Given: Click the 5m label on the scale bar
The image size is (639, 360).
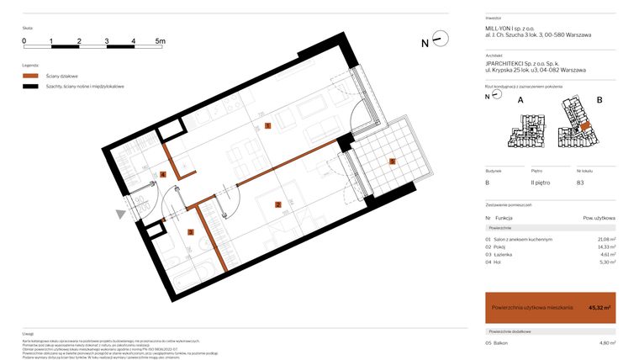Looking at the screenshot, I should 161,40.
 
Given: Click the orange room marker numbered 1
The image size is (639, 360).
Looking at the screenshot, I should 267,125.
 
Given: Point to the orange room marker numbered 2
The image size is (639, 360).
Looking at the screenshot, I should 277,204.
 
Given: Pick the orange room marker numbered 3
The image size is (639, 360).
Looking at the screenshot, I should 191,232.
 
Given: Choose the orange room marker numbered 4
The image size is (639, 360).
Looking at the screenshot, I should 163,174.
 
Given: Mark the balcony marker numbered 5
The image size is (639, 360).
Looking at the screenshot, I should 392,161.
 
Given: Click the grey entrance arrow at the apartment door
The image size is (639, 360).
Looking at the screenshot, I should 121,214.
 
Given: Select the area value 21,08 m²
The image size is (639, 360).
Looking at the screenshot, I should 606,240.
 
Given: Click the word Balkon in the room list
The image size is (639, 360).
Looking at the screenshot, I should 503,343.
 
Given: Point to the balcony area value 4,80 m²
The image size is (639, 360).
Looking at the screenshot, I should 607,343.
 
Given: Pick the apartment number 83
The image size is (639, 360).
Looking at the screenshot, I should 579,183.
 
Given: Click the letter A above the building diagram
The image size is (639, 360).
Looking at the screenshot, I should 520,100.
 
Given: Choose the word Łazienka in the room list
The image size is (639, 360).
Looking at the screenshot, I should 506,255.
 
